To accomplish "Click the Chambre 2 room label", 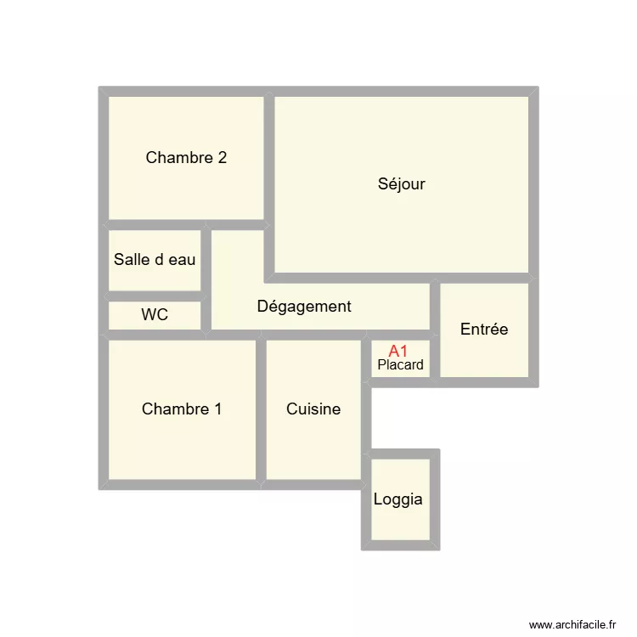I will [186, 158].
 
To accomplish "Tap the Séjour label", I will [401, 184].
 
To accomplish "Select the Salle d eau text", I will [155, 260].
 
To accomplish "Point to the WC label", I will [155, 315].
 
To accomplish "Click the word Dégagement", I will [304, 307].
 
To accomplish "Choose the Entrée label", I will [484, 330].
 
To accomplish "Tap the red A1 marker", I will [398, 351].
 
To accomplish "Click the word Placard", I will [400, 365].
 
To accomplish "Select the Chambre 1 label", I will [182, 409].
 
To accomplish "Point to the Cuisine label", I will [313, 409].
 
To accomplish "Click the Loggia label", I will [397, 499].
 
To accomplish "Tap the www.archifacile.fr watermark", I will [572, 624].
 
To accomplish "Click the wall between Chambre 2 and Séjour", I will [268, 157].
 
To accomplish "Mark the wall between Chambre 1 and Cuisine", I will [261, 409].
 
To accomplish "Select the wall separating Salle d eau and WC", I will [155, 296].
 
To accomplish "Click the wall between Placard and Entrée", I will [435, 357].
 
